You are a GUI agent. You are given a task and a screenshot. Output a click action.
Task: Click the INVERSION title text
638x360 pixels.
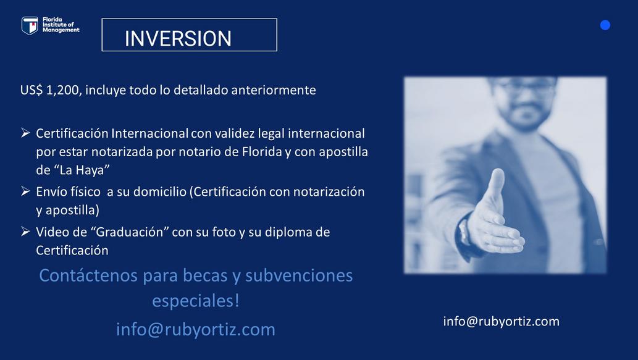point(178,39)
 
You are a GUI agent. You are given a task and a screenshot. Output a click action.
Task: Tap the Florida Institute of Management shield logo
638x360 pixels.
point(30,26)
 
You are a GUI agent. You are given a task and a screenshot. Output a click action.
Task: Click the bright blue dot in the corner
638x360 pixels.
point(605,25)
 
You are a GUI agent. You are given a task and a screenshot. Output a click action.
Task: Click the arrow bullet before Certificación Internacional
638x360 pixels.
point(25,133)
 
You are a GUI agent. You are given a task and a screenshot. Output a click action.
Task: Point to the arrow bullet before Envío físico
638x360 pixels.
point(25,191)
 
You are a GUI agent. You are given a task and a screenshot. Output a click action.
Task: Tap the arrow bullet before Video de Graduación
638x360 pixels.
point(25,232)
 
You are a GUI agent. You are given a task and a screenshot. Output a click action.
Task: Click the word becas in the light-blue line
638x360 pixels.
point(205,275)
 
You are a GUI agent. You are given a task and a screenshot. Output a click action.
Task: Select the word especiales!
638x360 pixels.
point(196,301)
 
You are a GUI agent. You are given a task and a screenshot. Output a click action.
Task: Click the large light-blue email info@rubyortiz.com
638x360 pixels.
point(196,330)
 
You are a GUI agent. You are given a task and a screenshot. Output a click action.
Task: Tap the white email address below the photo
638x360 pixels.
point(502,321)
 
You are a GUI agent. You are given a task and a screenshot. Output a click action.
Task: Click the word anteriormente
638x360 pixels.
point(274,90)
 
